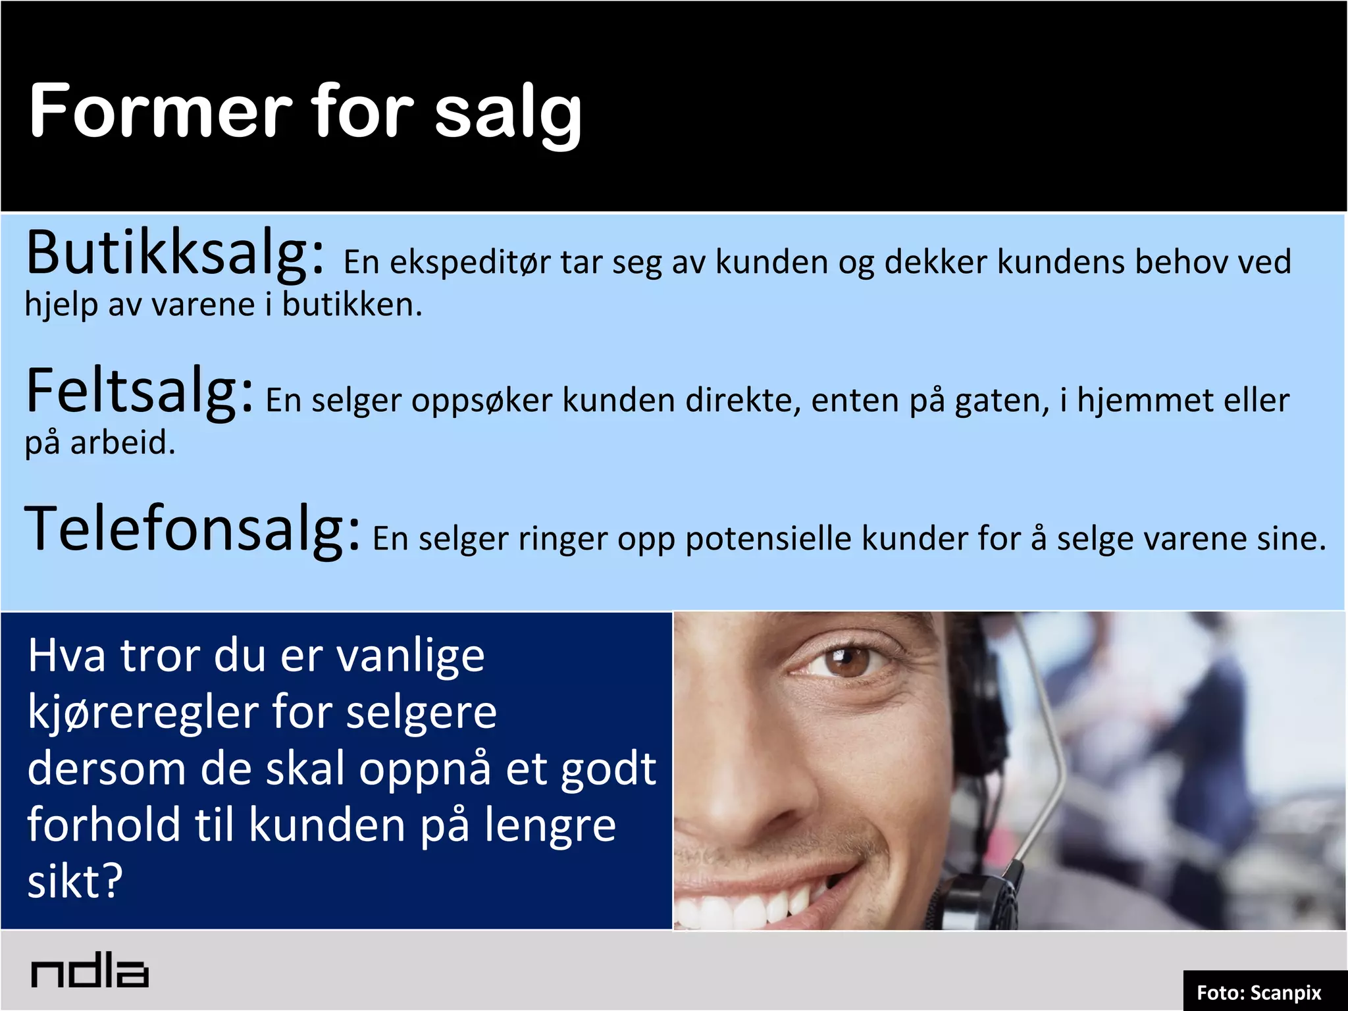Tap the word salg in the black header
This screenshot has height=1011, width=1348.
[508, 113]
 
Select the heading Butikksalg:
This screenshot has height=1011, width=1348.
[175, 254]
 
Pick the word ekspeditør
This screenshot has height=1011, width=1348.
[470, 263]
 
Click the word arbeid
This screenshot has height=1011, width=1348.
[122, 443]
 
